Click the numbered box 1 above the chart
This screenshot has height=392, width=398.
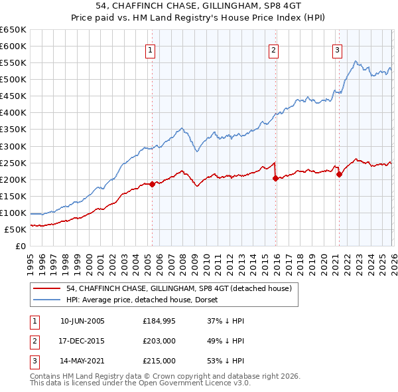click(x=151, y=50)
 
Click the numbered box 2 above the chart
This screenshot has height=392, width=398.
click(x=274, y=50)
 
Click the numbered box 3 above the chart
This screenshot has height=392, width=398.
click(x=338, y=50)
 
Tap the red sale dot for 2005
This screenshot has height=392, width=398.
click(x=152, y=184)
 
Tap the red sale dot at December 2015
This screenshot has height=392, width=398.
click(x=275, y=178)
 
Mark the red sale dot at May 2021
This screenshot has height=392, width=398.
click(x=339, y=174)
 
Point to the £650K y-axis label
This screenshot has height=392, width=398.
click(x=13, y=30)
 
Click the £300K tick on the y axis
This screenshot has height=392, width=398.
click(x=13, y=146)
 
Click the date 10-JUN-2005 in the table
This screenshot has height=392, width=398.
click(x=82, y=321)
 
